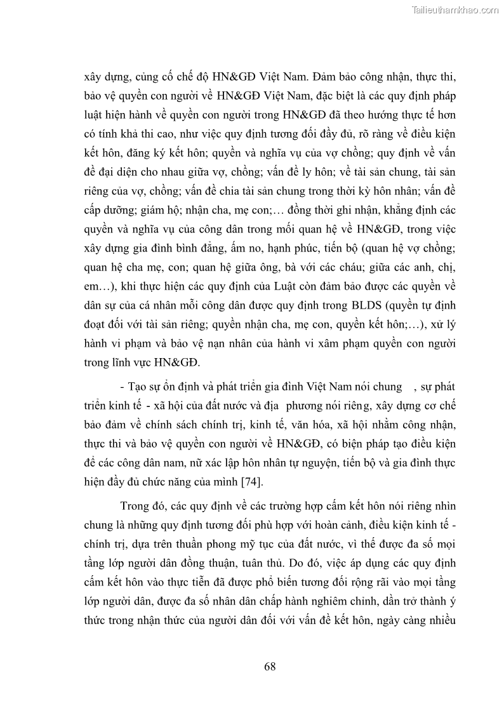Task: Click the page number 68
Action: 269,666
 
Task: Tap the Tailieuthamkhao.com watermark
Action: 455,10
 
